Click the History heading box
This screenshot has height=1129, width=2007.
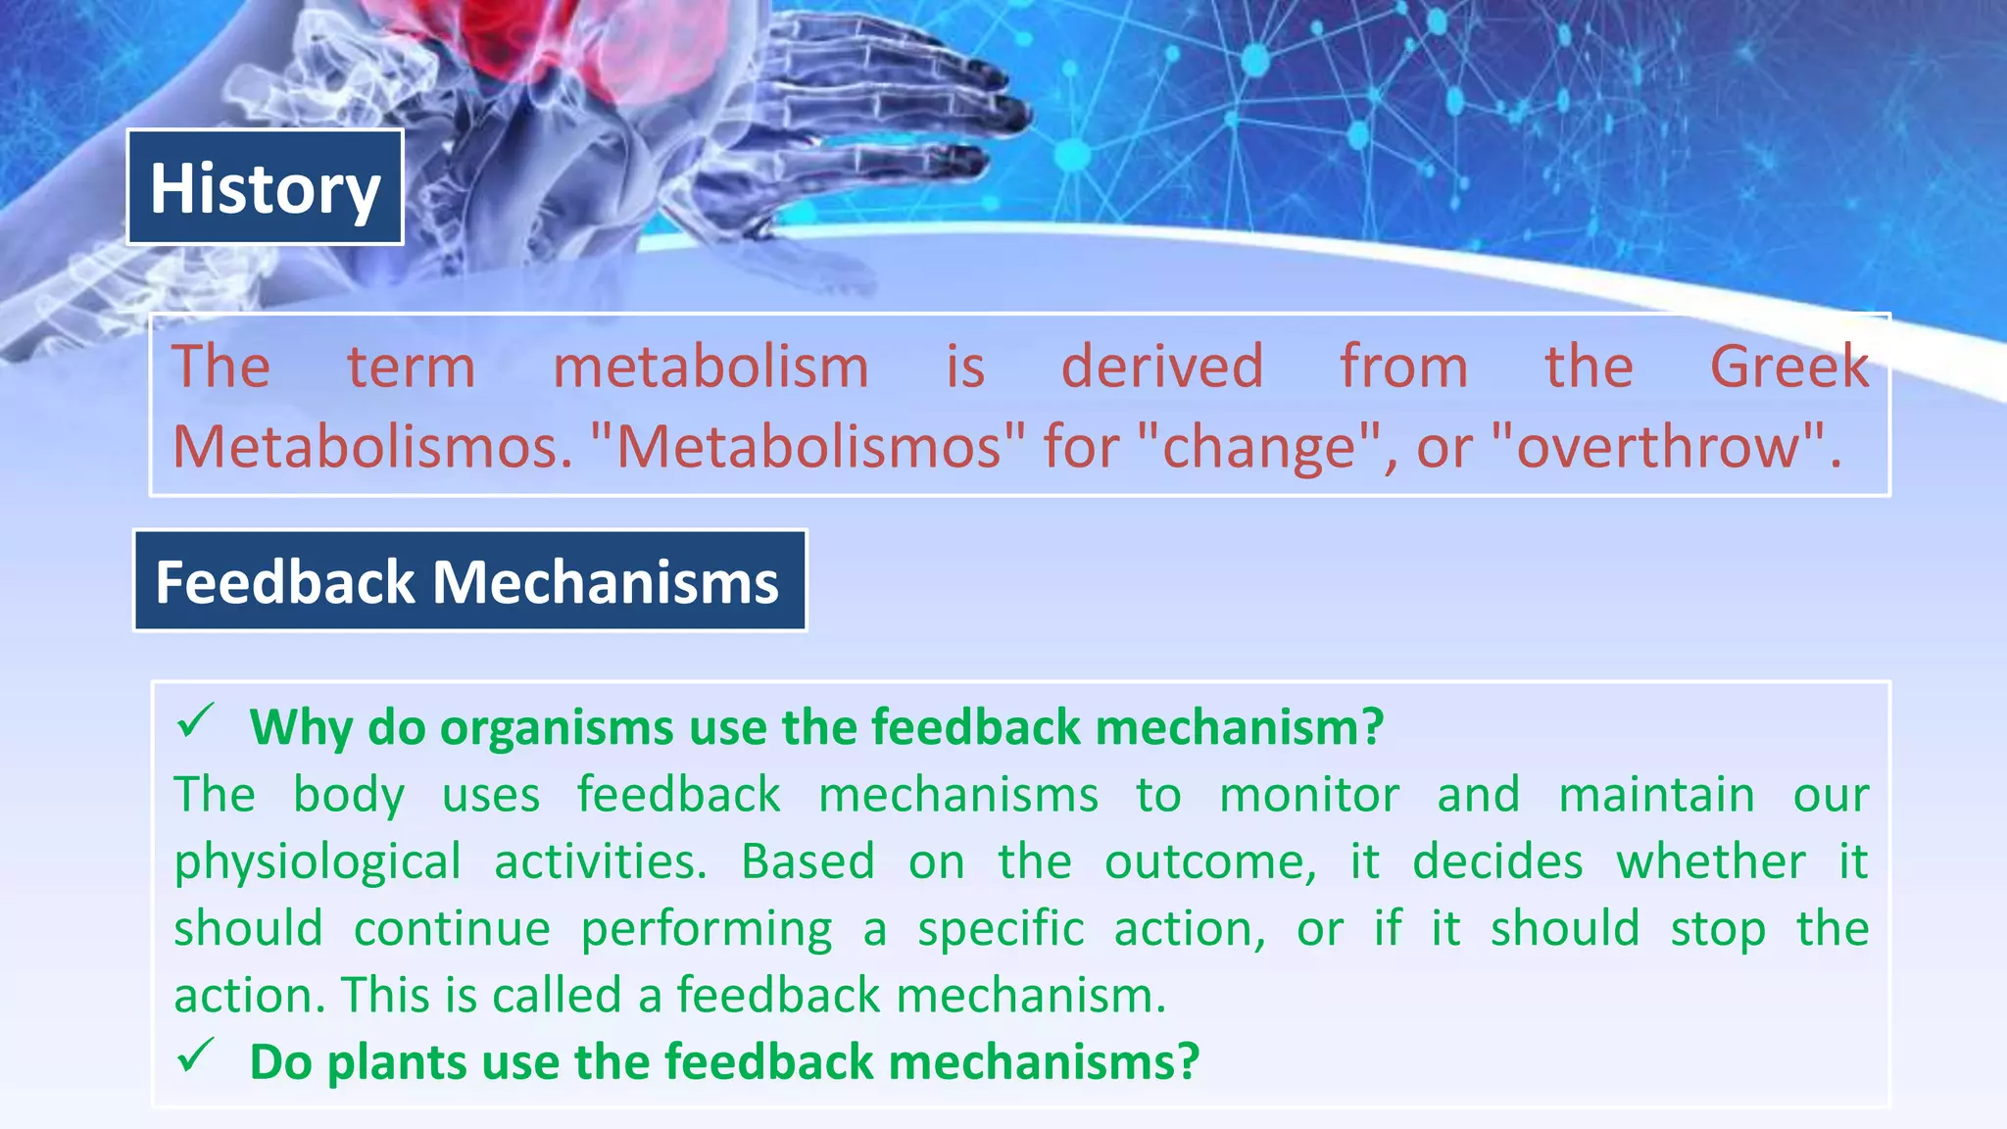265,187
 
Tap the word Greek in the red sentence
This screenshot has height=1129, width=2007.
1788,368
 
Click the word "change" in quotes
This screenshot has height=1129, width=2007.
1259,447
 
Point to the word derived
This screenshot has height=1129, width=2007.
1162,368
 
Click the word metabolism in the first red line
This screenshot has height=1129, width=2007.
710,368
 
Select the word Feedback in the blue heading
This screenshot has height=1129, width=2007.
285,582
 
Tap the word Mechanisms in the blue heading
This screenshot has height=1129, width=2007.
605,582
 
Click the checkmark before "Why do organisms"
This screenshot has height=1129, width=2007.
195,722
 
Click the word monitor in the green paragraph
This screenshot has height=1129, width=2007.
1308,795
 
